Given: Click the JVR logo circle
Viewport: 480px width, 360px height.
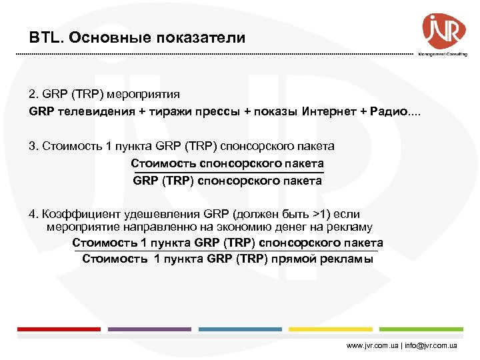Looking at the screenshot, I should coord(443,29).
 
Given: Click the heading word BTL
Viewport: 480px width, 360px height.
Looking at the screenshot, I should coord(44,37).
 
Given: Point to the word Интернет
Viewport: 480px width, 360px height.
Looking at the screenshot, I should coord(327,111).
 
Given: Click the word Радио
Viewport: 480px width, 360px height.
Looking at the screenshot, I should coord(386,111).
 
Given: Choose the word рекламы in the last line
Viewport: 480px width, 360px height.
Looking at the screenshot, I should coord(347,259).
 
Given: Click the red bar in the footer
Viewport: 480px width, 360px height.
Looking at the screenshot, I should coord(59,329).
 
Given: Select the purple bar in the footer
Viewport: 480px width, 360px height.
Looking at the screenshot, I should coord(149,329).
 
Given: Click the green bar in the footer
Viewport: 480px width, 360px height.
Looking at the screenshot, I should coord(420,329).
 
